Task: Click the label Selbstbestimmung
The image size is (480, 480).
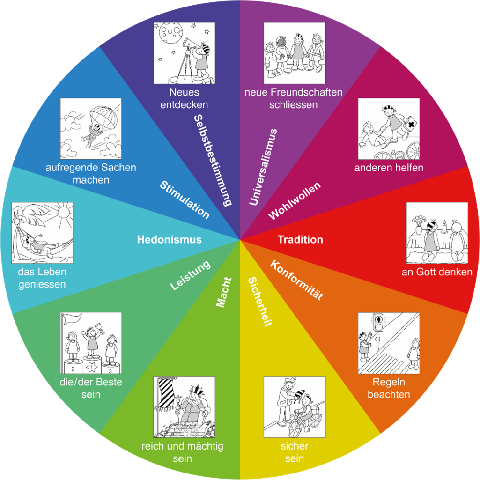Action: point(213,160)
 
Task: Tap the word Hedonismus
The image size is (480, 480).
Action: point(169,239)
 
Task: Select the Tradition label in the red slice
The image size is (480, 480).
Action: point(300,239)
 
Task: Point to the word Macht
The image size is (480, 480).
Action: point(224,292)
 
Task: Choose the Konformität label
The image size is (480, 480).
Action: point(296,280)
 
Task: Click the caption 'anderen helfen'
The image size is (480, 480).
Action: point(389,168)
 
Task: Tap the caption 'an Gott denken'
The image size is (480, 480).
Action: point(437,272)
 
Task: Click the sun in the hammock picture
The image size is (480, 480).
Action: point(64,212)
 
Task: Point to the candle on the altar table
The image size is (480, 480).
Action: point(444,227)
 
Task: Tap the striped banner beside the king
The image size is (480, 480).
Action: point(166,394)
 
